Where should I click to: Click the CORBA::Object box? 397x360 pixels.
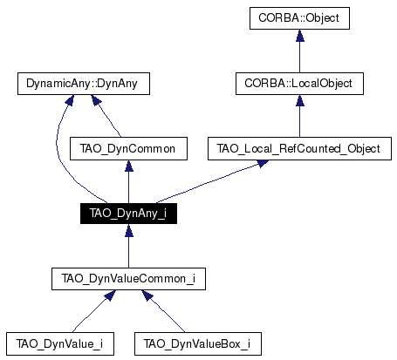[x=299, y=18]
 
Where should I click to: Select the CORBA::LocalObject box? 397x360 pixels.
[x=299, y=84]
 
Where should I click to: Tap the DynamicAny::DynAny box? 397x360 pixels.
[x=84, y=84]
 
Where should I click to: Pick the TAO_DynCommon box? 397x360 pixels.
[x=128, y=149]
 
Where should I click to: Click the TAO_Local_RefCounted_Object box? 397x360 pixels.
[x=299, y=149]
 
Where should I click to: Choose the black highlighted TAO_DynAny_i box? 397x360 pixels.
[x=128, y=214]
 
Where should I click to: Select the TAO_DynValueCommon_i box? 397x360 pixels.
[x=128, y=279]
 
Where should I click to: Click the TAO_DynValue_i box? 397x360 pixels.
[x=60, y=344]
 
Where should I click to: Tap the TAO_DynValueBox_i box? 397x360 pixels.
[x=198, y=344]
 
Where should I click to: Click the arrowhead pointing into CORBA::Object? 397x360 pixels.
[x=300, y=35]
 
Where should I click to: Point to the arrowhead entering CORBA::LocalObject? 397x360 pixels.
[x=300, y=100]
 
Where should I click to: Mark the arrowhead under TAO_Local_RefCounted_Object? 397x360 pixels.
[x=262, y=163]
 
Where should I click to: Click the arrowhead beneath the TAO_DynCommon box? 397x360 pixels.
[x=129, y=166]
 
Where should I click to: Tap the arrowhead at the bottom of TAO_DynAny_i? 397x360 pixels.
[x=129, y=230]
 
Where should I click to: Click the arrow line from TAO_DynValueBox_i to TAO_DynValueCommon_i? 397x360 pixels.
[x=163, y=311]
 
